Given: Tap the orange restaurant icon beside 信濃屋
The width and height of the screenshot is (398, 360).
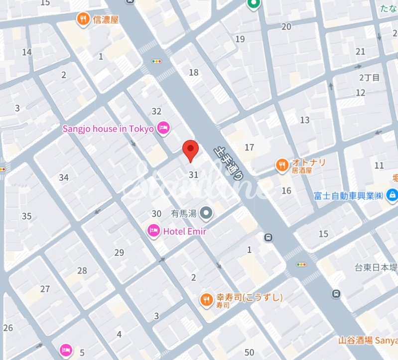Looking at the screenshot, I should pos(82,19).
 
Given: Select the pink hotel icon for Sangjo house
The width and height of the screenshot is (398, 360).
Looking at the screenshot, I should pos(163,129).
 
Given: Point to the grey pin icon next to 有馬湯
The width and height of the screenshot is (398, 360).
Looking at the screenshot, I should pos(206,214).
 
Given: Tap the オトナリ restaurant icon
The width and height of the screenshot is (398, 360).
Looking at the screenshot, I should pos(282,165).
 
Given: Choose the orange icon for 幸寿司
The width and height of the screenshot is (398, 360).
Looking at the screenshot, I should pos(206,300).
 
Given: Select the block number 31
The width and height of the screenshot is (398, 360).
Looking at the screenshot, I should pos(194,175).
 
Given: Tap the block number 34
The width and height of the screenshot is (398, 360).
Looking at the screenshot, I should pos(63,177).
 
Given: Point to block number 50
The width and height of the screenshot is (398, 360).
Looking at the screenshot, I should pos(250,352).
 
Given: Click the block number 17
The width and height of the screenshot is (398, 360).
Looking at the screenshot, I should pos(249,147).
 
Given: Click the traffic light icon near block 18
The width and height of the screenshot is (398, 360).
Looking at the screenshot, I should pos(157,61).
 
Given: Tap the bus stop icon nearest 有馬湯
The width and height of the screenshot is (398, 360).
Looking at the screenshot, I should pos(269,237).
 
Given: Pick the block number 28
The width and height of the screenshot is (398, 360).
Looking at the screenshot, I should pos(82,270).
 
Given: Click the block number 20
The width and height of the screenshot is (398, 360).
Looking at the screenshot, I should pos(286,27).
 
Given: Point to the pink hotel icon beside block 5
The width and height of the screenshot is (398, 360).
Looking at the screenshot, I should pos(65,350).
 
